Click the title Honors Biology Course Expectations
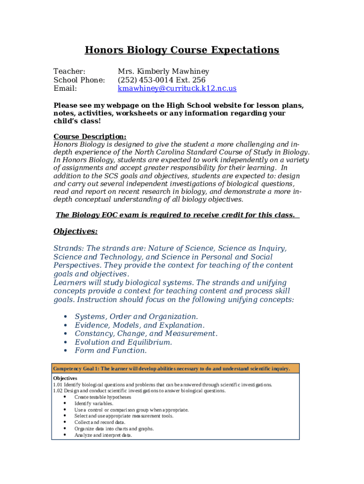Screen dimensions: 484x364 pos(182,50)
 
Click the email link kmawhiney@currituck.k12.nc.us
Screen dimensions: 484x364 pos(177,88)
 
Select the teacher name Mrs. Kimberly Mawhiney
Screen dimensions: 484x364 pos(163,71)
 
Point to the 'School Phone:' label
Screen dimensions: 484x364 pos(79,80)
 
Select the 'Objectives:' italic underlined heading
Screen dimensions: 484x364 pos(76,232)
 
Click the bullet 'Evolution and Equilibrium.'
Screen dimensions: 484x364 pos(123,342)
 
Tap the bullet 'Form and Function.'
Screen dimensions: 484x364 pos(111,351)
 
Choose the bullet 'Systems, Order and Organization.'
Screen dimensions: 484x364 pos(136,317)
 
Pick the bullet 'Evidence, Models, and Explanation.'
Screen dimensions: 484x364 pos(139,325)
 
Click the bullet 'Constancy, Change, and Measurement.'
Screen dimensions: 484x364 pos(146,334)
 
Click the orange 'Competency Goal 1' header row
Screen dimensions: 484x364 pos(175,369)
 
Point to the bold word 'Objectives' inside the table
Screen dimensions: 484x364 pos(65,379)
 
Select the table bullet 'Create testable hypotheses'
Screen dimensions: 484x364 pos(103,398)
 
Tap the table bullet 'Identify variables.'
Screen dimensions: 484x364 pos(94,404)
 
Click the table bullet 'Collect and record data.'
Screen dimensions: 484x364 pos(100,423)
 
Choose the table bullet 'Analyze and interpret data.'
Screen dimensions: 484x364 pos(103,435)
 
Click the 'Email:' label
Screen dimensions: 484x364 pos(65,88)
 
